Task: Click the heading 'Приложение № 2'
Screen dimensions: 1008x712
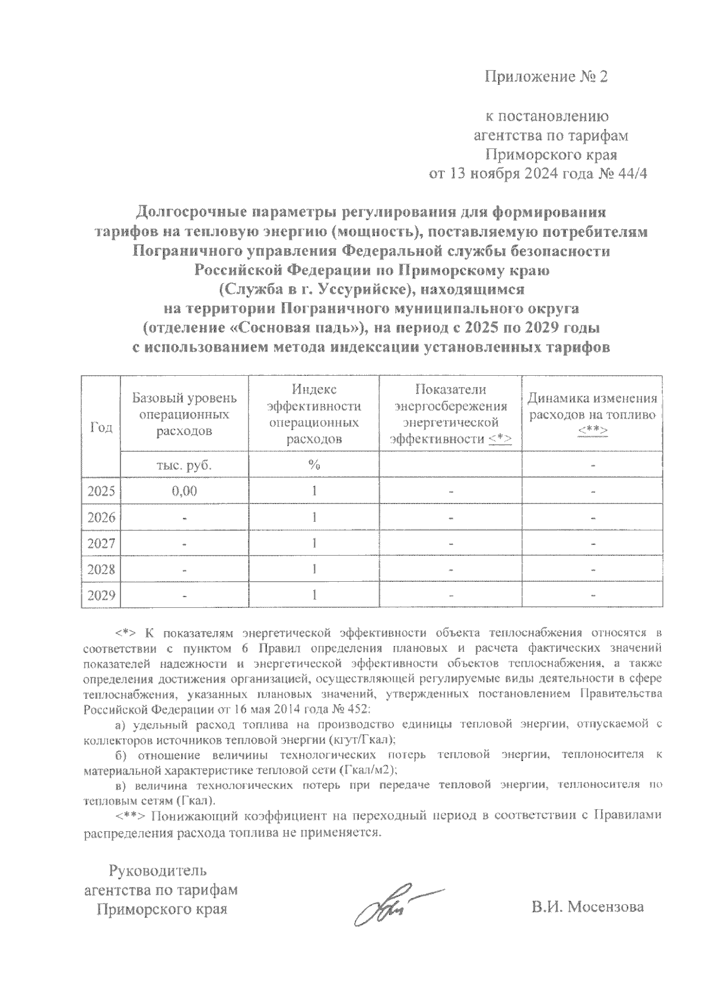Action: [x=546, y=77]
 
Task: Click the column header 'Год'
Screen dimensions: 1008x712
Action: [x=101, y=427]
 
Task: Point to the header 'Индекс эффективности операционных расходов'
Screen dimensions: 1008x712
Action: [x=314, y=414]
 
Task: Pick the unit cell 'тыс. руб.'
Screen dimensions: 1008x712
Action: [x=184, y=465]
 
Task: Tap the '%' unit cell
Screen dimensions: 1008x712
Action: [x=314, y=465]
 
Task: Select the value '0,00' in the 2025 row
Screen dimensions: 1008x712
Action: [x=184, y=492]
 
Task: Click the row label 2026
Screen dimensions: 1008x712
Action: [x=101, y=518]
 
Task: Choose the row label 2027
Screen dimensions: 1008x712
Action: [x=101, y=544]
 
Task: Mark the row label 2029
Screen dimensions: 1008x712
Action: [x=101, y=595]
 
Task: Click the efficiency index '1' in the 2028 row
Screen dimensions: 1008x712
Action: [x=314, y=569]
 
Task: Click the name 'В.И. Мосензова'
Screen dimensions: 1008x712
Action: [x=587, y=907]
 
